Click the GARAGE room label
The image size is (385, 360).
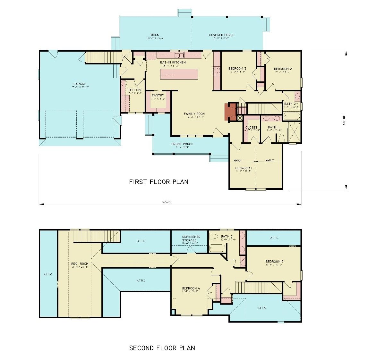click(x=79, y=84)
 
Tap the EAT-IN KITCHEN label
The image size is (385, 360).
click(x=173, y=62)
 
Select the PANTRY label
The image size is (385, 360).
click(x=158, y=96)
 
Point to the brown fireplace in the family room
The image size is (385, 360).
click(x=229, y=111)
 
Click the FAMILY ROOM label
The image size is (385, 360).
click(x=194, y=114)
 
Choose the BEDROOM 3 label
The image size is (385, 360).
click(x=237, y=69)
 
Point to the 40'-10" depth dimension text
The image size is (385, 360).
click(x=343, y=120)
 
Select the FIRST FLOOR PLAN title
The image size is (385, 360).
click(x=158, y=182)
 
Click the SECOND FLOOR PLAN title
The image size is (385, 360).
click(x=162, y=348)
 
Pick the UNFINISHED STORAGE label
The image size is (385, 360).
click(x=189, y=238)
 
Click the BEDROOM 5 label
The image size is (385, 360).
click(x=274, y=261)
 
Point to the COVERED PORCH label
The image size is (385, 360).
click(x=221, y=35)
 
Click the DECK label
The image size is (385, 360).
click(x=155, y=35)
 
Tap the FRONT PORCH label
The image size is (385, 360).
click(x=182, y=144)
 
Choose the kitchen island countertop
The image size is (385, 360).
click(x=179, y=74)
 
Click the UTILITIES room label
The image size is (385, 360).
click(x=134, y=90)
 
